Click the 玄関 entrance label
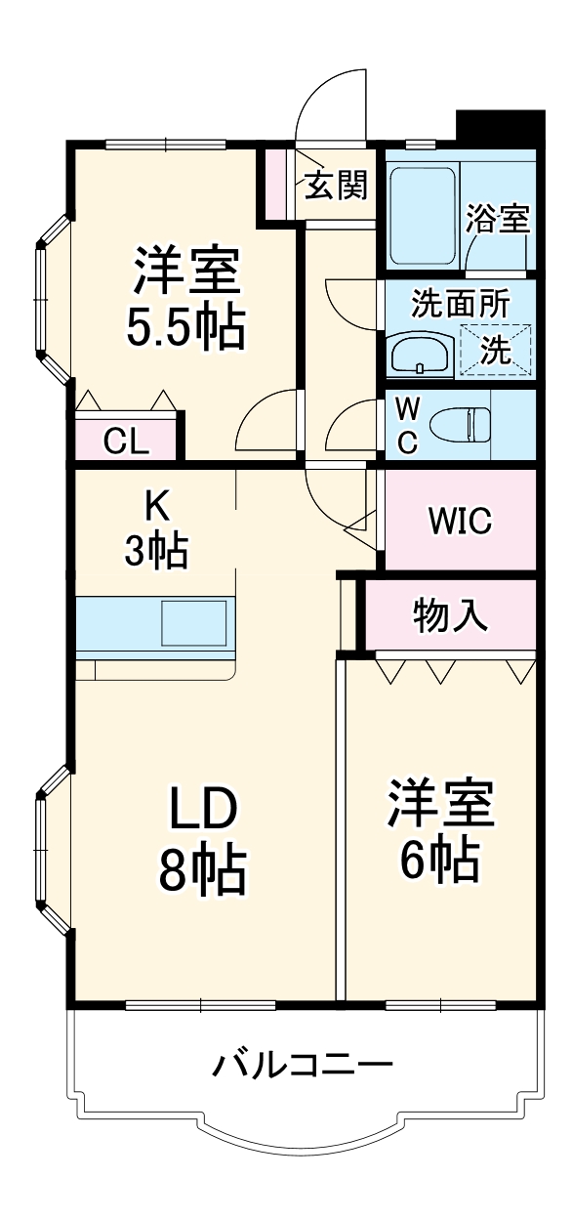pyautogui.click(x=336, y=185)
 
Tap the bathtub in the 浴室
pyautogui.click(x=423, y=216)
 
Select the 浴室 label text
pyautogui.click(x=498, y=218)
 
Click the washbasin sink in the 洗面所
pyautogui.click(x=421, y=354)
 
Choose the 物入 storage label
pyautogui.click(x=450, y=615)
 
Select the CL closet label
pyautogui.click(x=127, y=442)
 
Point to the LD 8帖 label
pyautogui.click(x=203, y=841)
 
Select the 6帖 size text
pyautogui.click(x=439, y=858)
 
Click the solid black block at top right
pyautogui.click(x=500, y=127)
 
